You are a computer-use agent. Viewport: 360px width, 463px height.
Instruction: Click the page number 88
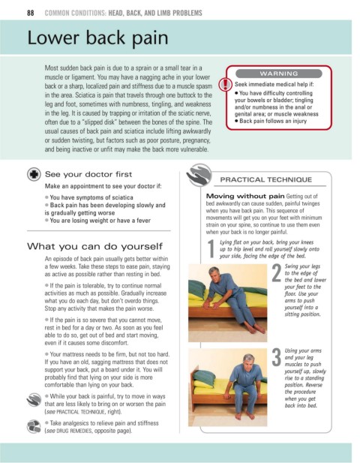coord(31,13)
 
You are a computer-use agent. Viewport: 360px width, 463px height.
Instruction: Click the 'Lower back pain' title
coord(97,38)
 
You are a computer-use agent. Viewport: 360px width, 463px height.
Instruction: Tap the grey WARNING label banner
coord(278,74)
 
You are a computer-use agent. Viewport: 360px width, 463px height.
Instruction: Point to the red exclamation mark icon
coord(226,85)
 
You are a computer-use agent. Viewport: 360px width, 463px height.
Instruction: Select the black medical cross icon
coord(34,174)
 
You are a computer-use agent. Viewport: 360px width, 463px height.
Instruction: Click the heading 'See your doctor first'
coord(88,174)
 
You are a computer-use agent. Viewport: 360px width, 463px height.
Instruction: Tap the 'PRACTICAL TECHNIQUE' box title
coord(265,179)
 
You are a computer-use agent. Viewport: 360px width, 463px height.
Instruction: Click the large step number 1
coord(211,248)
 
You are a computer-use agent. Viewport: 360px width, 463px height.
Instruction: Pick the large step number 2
coord(277,273)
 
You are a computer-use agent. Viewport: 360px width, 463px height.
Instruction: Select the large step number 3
coord(277,358)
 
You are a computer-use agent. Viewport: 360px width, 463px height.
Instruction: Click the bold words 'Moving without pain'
coord(245,196)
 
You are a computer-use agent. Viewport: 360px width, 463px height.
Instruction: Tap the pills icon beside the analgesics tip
coord(34,426)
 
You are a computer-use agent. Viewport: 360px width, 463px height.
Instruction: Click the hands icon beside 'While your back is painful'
coord(34,400)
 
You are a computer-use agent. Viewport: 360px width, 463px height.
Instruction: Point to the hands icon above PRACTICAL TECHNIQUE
coord(199,175)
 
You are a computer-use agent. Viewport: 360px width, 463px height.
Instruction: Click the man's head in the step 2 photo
coord(214,274)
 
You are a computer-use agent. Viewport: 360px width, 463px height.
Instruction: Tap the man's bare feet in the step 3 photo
coord(244,416)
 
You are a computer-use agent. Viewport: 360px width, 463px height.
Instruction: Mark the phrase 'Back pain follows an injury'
coord(273,121)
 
